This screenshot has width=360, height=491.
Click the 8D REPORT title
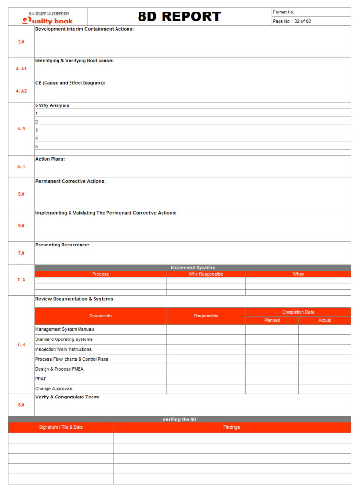pyautogui.click(x=179, y=17)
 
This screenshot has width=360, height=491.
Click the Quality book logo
pyautogui.click(x=47, y=21)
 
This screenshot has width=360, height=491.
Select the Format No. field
pyautogui.click(x=311, y=12)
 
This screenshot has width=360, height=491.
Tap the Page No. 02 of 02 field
pyautogui.click(x=311, y=21)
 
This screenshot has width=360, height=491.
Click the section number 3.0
pyautogui.click(x=21, y=42)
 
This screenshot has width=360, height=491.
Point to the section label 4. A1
pyautogui.click(x=21, y=69)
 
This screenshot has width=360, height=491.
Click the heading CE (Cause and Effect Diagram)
pyautogui.click(x=70, y=83)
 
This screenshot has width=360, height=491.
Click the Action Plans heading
pyautogui.click(x=50, y=159)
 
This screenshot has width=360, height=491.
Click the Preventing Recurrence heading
pyautogui.click(x=62, y=245)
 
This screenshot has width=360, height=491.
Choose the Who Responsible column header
pyautogui.click(x=206, y=274)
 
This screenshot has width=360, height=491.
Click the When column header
pyautogui.click(x=298, y=274)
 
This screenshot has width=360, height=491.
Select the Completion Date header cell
pyautogui.click(x=298, y=312)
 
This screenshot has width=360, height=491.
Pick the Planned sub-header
pyautogui.click(x=272, y=320)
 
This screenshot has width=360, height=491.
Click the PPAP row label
pyautogui.click(x=40, y=379)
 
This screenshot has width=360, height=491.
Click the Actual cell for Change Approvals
pyautogui.click(x=325, y=389)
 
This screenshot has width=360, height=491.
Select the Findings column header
pyautogui.click(x=232, y=427)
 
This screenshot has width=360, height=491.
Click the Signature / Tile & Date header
pyautogui.click(x=61, y=427)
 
